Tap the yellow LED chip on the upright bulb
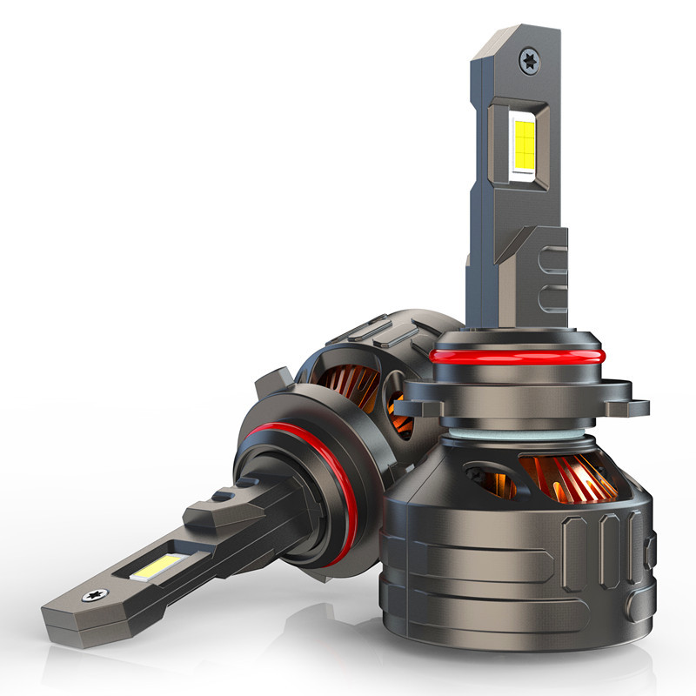(524, 143)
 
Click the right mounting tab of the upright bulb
(629, 405)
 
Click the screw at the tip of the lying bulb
(90, 597)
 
